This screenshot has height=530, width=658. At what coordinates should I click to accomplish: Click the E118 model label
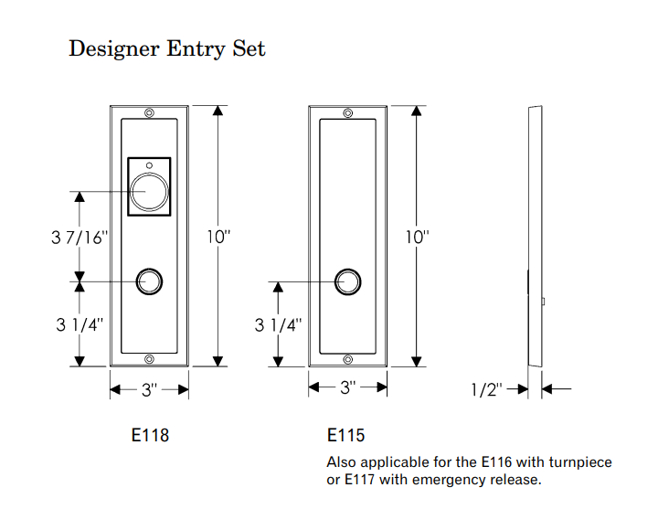[151, 436]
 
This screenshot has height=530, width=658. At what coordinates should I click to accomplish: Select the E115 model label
[345, 436]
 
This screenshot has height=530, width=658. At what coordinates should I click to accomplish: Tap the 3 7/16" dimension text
[80, 238]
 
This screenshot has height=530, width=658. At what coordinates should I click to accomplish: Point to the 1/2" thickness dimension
[486, 390]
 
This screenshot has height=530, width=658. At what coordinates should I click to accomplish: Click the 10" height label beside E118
[218, 237]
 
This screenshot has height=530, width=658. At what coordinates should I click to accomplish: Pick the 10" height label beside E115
[417, 237]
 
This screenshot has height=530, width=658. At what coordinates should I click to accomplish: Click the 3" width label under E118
[150, 390]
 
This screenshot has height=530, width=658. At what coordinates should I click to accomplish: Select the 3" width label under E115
[347, 387]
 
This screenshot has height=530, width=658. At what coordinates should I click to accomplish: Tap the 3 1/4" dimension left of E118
[78, 323]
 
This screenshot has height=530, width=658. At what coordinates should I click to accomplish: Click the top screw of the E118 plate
[150, 113]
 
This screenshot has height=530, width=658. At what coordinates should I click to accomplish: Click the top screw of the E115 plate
[347, 113]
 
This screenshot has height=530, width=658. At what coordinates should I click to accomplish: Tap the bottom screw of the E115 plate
[347, 359]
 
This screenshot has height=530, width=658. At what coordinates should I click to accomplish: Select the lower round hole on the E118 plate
[150, 281]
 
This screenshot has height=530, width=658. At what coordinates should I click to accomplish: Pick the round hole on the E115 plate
[347, 281]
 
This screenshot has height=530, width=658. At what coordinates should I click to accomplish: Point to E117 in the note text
[359, 480]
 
